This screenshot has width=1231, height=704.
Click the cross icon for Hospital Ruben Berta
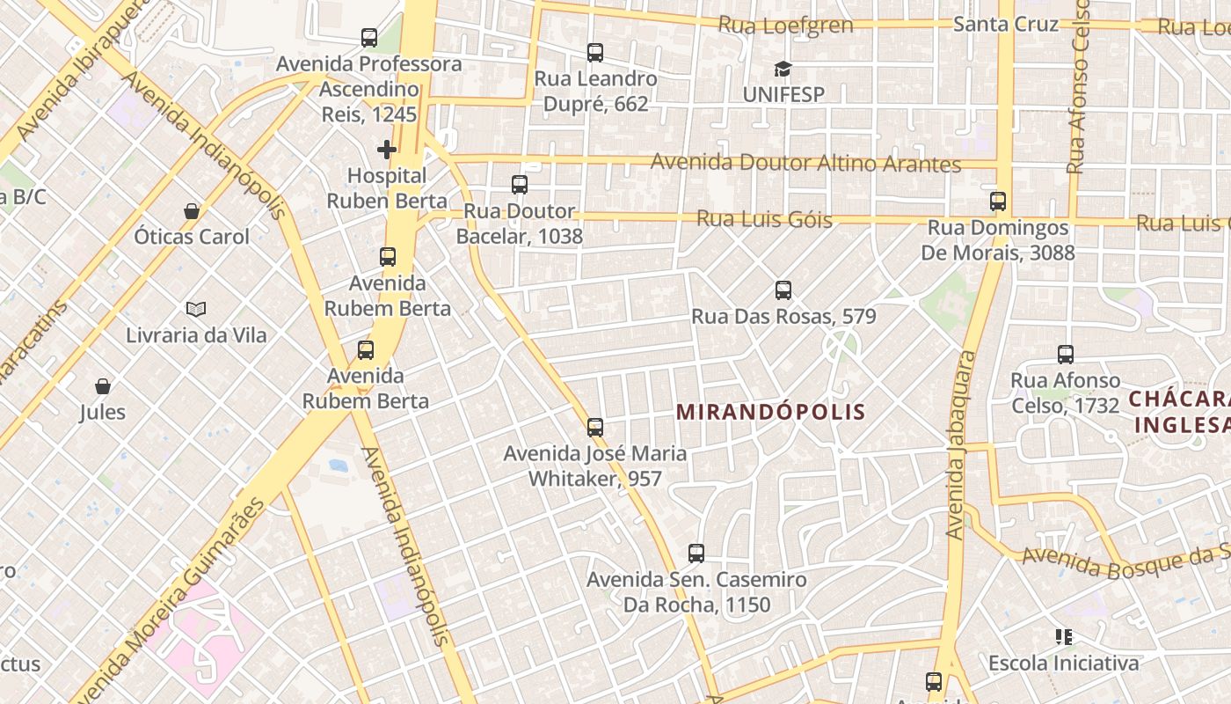pyautogui.click(x=387, y=149)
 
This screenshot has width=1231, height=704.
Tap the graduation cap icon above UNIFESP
pyautogui.click(x=783, y=69)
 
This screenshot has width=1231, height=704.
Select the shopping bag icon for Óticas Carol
pyautogui.click(x=192, y=211)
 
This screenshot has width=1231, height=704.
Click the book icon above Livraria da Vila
pyautogui.click(x=196, y=309)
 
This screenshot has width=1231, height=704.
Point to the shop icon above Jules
pyautogui.click(x=103, y=386)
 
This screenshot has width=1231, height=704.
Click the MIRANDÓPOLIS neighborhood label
pyautogui.click(x=771, y=411)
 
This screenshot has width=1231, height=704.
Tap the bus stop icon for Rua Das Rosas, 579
pyautogui.click(x=783, y=290)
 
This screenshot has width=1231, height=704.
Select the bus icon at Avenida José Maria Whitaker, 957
pyautogui.click(x=595, y=428)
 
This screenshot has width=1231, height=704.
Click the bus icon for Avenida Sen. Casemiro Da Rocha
pyautogui.click(x=696, y=554)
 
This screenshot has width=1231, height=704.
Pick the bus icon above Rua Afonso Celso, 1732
pyautogui.click(x=1066, y=355)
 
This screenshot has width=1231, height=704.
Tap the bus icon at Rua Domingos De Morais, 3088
pyautogui.click(x=998, y=202)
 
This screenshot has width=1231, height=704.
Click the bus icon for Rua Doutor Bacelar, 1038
pyautogui.click(x=520, y=185)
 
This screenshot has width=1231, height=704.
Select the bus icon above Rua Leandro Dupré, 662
pyautogui.click(x=595, y=53)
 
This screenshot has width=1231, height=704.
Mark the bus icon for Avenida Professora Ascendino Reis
pyautogui.click(x=369, y=38)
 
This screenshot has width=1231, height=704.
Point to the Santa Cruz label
pyautogui.click(x=1006, y=24)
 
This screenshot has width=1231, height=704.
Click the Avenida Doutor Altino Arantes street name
pyautogui.click(x=805, y=164)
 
